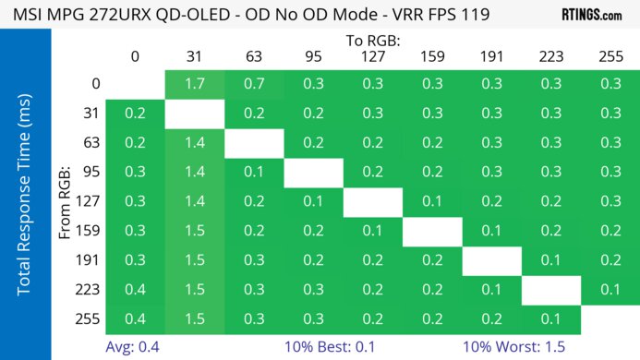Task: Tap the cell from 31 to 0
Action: (x=135, y=114)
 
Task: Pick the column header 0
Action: (x=135, y=56)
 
